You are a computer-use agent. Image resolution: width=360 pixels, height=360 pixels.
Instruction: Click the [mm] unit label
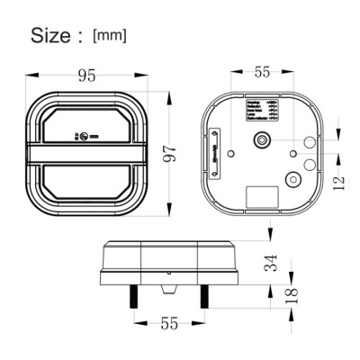pyautogui.click(x=110, y=36)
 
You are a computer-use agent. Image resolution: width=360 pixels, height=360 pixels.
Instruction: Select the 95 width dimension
pyautogui.click(x=86, y=76)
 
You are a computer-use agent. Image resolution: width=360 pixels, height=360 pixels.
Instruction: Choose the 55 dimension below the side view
pyautogui.click(x=168, y=322)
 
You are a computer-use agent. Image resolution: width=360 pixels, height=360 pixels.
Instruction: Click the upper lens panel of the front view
pyautogui.click(x=86, y=127)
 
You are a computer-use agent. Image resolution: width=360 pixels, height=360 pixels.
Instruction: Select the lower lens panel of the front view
pyautogui.click(x=86, y=179)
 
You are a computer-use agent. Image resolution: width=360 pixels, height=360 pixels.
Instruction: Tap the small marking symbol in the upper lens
pyautogui.click(x=84, y=138)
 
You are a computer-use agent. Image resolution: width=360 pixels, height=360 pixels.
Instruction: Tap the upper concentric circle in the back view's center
pyautogui.click(x=262, y=140)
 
